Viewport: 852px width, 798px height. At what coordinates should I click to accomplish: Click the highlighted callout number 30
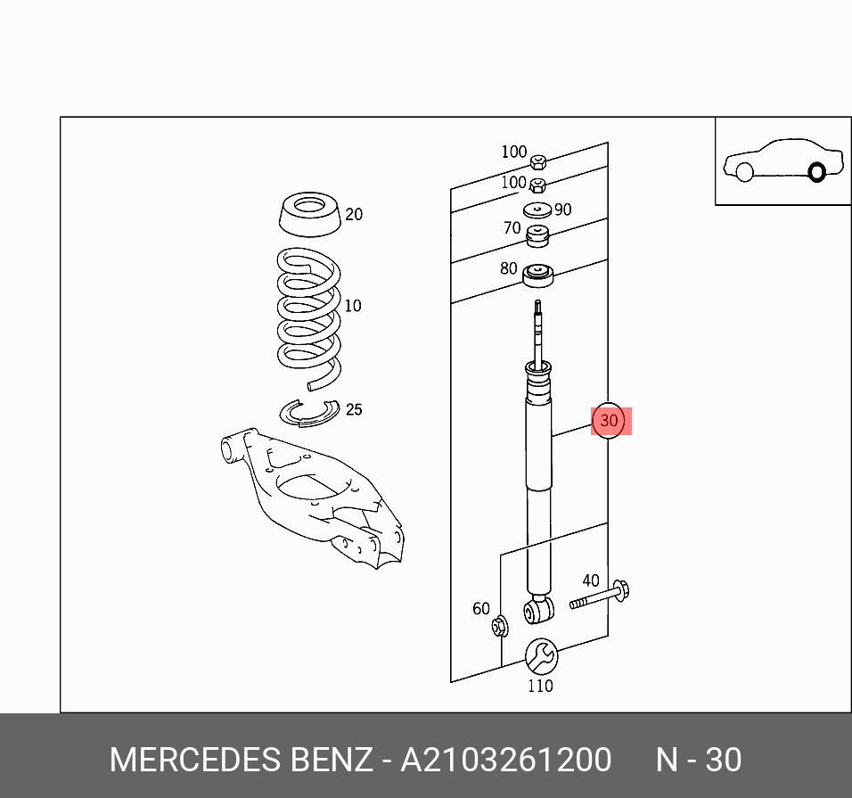point(610,420)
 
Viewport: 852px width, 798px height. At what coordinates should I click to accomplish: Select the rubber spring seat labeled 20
point(308,217)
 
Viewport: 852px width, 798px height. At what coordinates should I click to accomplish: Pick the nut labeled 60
point(499,627)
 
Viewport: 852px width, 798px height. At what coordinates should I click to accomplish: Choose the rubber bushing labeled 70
point(537,237)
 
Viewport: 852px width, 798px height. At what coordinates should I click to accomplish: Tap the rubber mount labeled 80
point(537,276)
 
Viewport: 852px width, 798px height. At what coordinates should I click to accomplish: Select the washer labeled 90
point(537,210)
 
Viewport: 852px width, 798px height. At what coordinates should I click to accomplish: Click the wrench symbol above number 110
point(540,657)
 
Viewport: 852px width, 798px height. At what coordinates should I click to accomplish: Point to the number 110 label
point(540,686)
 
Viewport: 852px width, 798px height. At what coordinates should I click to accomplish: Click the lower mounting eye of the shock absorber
point(537,611)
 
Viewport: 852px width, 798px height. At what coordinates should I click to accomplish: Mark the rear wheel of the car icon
point(816,171)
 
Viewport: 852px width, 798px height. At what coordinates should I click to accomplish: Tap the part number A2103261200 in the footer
point(506,760)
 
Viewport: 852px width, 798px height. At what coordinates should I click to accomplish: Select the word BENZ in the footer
point(332,760)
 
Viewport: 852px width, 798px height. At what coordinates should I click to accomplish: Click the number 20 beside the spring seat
point(354,214)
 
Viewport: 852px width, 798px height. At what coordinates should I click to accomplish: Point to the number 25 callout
point(354,410)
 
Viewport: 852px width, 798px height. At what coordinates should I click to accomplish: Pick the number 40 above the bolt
point(591,580)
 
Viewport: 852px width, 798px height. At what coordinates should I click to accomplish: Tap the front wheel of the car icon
point(744,171)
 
